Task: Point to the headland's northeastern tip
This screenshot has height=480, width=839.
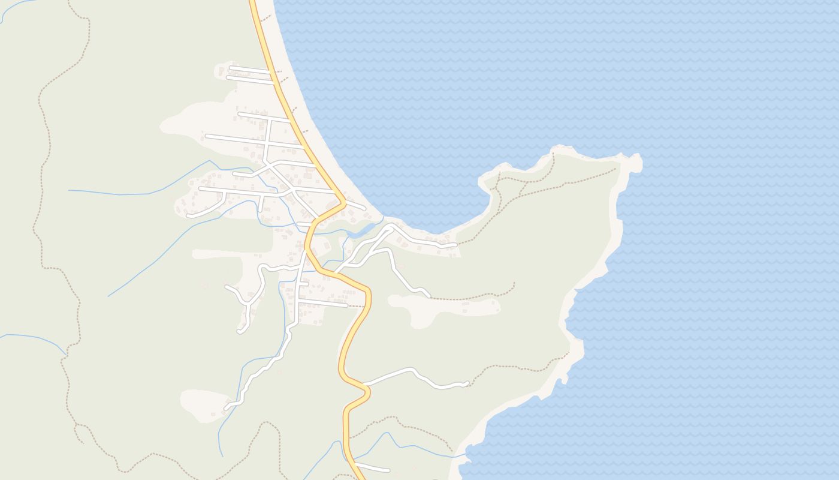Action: (636, 160)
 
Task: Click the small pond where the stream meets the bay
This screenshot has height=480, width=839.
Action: (362, 230)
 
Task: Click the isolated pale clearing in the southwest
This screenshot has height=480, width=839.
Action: (204, 405)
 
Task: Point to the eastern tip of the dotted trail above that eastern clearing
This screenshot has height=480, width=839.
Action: (514, 283)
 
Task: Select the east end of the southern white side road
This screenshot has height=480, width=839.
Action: (467, 383)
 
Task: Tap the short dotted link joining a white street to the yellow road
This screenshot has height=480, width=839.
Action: (356, 306)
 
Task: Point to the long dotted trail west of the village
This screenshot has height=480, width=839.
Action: (42, 180)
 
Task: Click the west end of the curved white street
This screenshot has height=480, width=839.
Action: (188, 215)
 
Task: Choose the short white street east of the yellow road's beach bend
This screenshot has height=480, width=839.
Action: (355, 206)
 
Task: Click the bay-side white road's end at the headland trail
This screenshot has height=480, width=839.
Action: (456, 244)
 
